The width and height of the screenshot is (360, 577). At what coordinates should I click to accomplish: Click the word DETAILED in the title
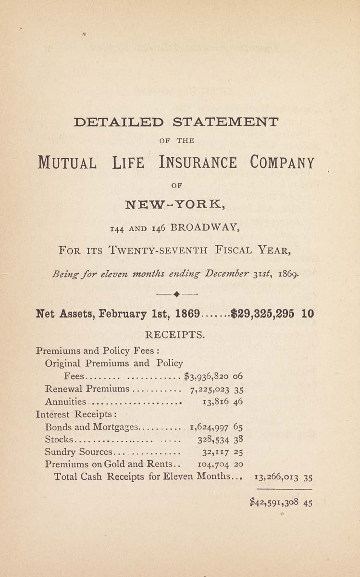119,122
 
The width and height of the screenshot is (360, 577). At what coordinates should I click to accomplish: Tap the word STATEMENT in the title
225,122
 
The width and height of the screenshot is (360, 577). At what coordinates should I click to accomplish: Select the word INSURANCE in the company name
198,163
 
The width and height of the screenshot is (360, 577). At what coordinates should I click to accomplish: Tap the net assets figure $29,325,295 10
273,314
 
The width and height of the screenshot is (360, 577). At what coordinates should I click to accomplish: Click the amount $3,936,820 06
213,376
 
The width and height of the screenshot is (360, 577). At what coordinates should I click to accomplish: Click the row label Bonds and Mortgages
91,426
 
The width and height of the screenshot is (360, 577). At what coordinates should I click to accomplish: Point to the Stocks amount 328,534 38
220,439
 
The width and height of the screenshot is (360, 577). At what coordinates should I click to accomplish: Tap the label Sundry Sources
78,452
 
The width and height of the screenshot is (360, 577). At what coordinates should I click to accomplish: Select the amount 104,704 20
221,465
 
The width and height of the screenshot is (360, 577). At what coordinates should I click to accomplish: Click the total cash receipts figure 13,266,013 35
279,478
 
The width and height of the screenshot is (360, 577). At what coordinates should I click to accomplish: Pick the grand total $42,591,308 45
281,502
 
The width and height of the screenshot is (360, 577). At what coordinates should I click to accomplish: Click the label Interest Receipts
73,414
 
